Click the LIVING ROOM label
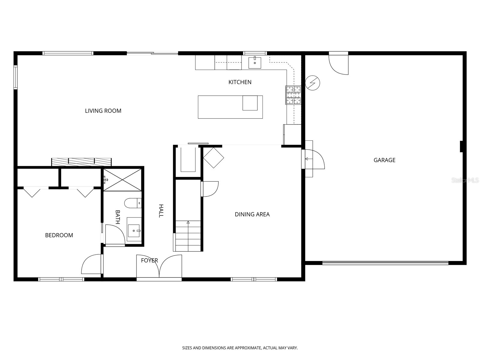[x=103, y=111]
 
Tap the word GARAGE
[x=384, y=160]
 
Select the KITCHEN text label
[x=240, y=82]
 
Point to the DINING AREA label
[x=252, y=214]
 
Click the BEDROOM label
[x=59, y=235]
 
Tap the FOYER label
[x=149, y=260]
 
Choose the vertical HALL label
[x=161, y=211]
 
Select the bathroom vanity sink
[x=134, y=231]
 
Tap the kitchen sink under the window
[x=255, y=63]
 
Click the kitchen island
[x=230, y=107]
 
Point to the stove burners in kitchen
[x=293, y=95]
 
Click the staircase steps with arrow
[x=188, y=236]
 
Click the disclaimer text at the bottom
[x=240, y=348]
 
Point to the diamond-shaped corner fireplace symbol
[x=213, y=157]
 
